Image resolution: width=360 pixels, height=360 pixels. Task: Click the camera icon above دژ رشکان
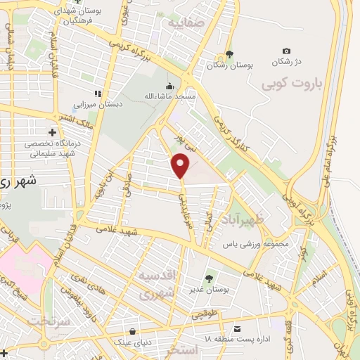286,51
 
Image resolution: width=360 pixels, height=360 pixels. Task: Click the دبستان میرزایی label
99,105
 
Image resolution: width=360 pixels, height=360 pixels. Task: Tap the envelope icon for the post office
238,328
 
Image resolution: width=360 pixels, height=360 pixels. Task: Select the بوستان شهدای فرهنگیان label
84,16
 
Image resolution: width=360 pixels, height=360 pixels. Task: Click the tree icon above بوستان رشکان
229,54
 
